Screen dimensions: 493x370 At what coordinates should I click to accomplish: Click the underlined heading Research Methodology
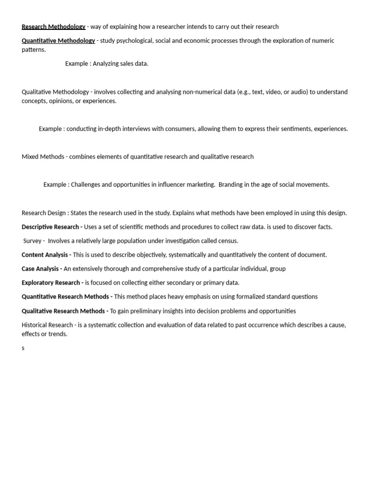[x=53, y=26]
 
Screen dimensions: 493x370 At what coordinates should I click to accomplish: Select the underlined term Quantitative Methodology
[x=58, y=40]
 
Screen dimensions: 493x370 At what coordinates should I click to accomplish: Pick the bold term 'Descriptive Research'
[x=50, y=227]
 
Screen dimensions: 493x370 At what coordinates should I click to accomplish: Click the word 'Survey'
[x=33, y=241]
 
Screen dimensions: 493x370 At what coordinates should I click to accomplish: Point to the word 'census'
[x=227, y=241]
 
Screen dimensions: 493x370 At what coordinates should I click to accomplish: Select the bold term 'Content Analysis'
[x=45, y=255]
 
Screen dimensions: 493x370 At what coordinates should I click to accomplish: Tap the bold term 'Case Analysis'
[x=40, y=269]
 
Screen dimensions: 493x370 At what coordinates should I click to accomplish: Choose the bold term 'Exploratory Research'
[x=51, y=283]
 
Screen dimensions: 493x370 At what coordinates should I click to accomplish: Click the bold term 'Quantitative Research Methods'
[x=66, y=297]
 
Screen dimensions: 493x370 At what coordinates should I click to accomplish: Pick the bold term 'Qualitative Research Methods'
[x=63, y=311]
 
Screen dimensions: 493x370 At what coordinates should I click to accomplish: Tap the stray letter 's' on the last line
[x=23, y=348]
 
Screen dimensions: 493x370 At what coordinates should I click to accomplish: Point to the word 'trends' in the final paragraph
[x=57, y=334]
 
